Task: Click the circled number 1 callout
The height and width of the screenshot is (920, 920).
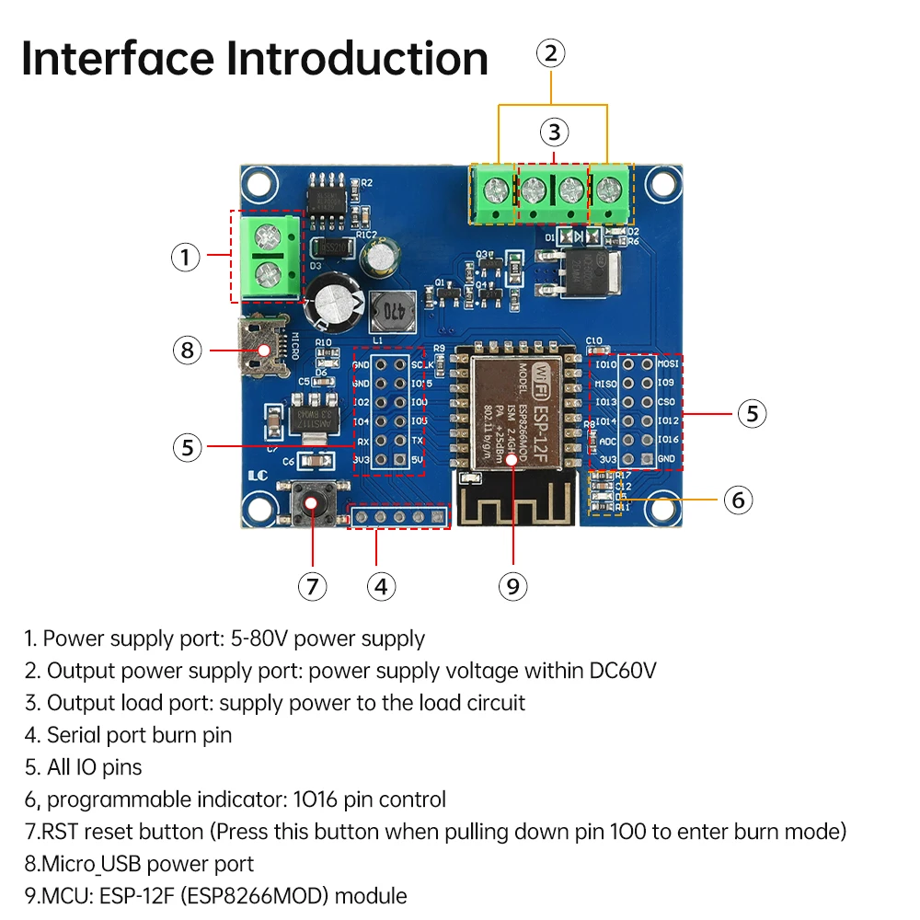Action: [185, 257]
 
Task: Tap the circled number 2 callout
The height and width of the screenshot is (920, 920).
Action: [550, 53]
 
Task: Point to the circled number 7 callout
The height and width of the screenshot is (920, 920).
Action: [313, 586]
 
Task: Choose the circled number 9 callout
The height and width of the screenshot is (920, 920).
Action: [512, 586]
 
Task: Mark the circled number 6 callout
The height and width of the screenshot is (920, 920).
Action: [738, 500]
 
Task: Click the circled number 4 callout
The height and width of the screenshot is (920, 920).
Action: [381, 586]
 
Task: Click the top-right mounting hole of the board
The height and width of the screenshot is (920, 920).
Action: [661, 182]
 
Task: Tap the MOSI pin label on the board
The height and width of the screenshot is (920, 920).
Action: [667, 364]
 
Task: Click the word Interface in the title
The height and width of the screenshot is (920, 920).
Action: [118, 58]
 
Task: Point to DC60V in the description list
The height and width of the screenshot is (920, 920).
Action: [624, 671]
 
